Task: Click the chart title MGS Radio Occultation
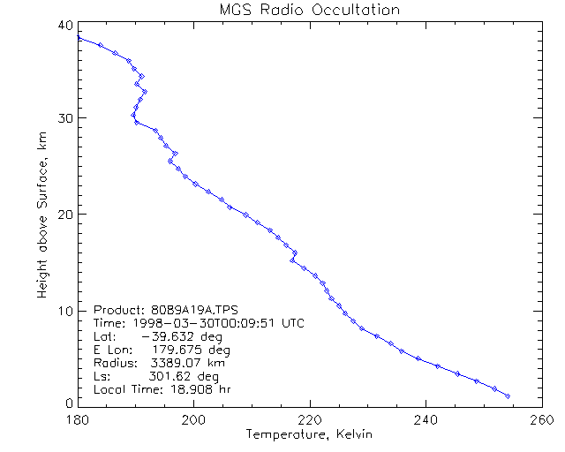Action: (308, 11)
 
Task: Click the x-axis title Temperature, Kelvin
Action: (308, 434)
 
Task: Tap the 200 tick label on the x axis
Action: (193, 419)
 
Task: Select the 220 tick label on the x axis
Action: (310, 419)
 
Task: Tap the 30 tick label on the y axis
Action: (62, 118)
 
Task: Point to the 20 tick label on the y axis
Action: (62, 215)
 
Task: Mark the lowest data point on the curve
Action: (508, 396)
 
